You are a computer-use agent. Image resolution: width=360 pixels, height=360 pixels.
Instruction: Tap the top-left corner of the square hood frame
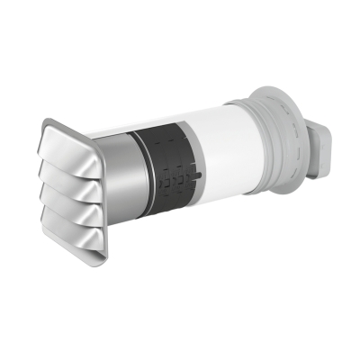coord(44,123)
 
